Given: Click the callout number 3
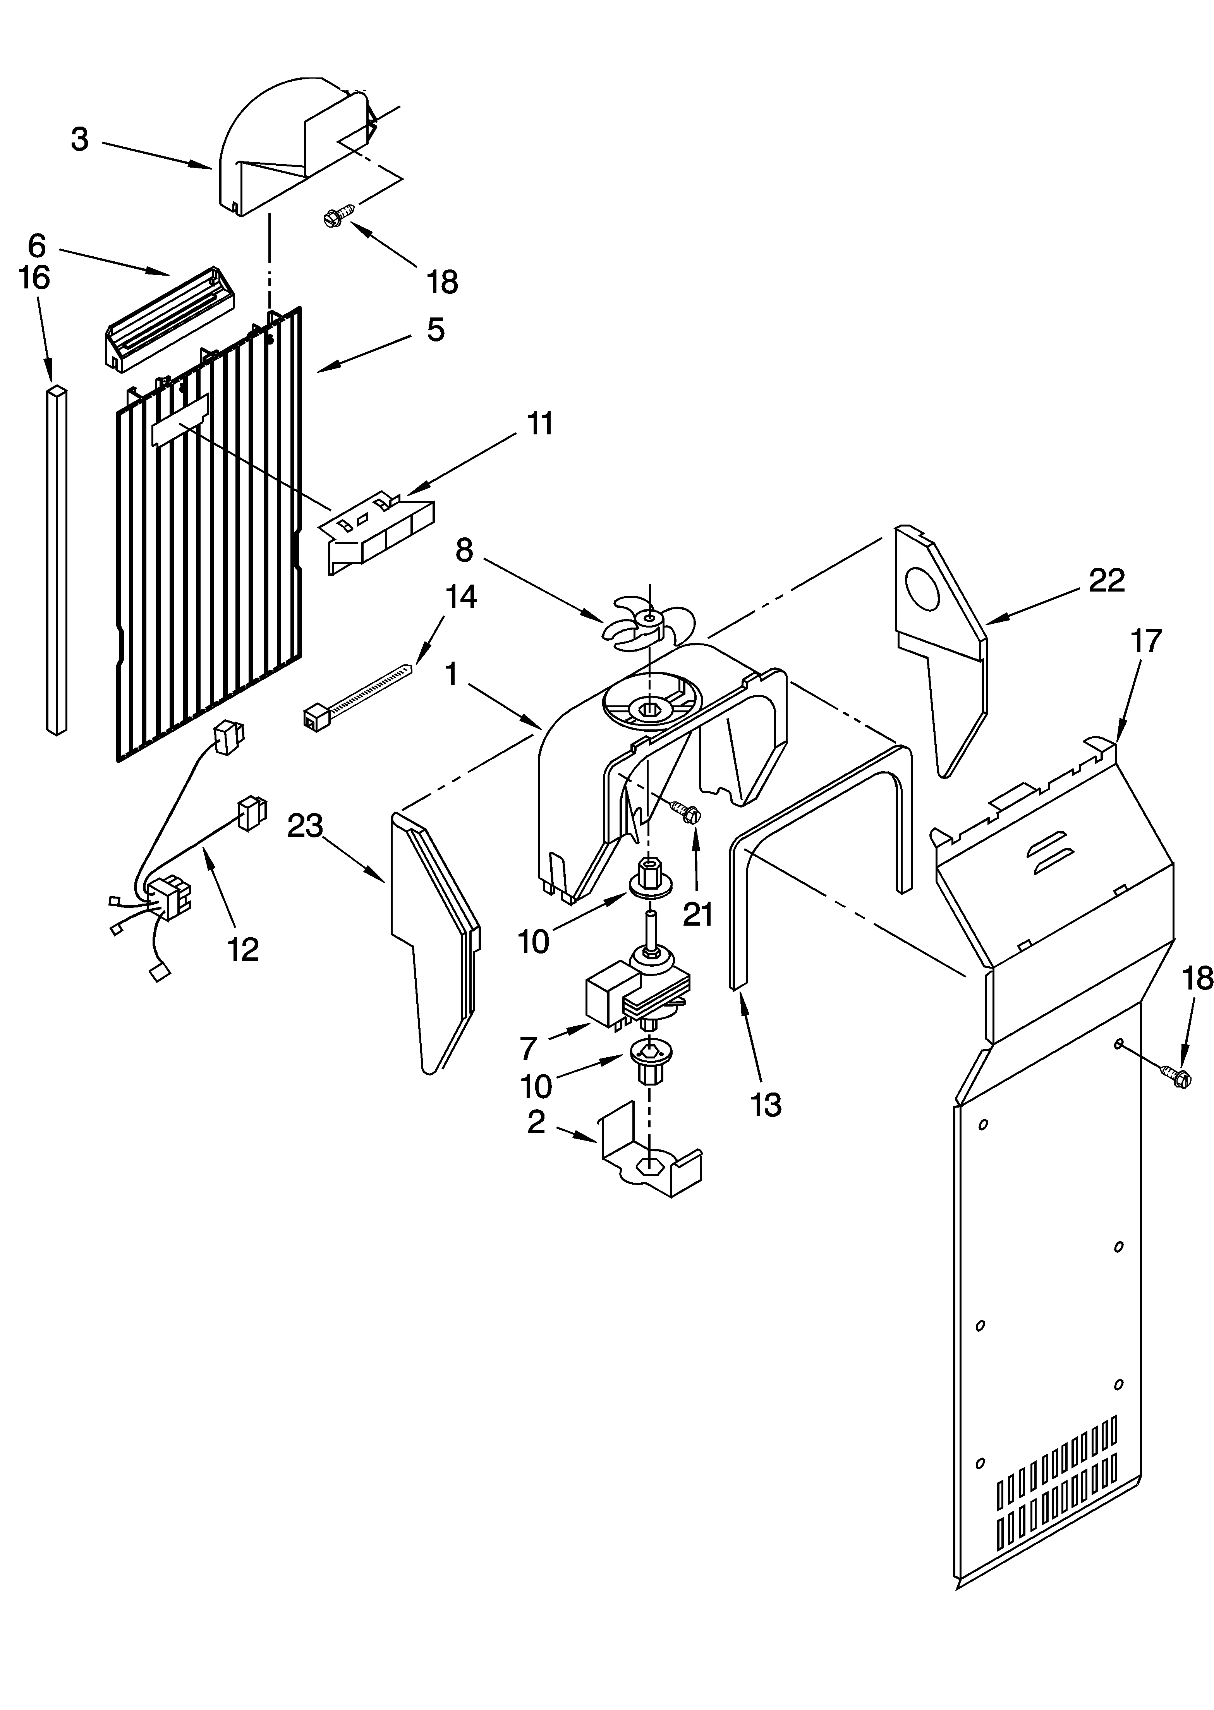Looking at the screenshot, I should click(x=80, y=140).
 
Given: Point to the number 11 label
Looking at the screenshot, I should click(x=540, y=424).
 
